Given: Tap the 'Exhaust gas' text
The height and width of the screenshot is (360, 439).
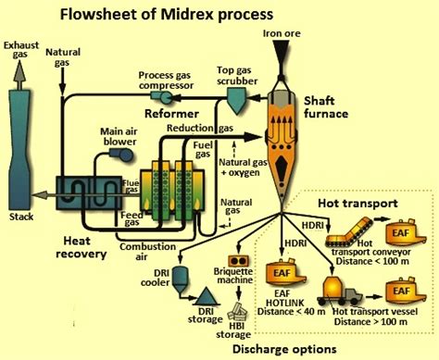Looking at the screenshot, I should tap(20, 50).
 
